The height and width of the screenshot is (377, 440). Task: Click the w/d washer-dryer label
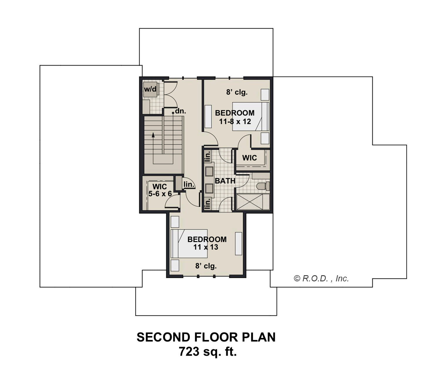tap(150, 89)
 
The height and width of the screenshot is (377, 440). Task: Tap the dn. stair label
tap(180, 111)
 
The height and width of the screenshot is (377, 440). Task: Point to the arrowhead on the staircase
tap(153, 135)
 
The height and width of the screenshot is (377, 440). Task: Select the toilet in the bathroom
tap(263, 186)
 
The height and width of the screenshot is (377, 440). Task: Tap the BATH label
tap(225, 181)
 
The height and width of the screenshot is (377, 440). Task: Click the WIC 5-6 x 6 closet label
tap(160, 190)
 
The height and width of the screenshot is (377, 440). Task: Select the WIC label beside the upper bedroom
tap(250, 158)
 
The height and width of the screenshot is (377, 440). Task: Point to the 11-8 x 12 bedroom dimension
tap(235, 121)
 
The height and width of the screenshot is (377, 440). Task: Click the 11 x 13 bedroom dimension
tap(206, 247)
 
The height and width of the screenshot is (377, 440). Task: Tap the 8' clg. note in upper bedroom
tap(237, 92)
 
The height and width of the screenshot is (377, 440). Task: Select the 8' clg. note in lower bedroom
tap(206, 266)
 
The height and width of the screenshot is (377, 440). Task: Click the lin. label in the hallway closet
tap(189, 184)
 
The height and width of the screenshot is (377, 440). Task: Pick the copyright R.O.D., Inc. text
tap(321, 278)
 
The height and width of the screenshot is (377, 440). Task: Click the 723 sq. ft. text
tap(208, 352)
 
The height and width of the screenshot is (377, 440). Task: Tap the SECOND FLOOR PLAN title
tap(206, 337)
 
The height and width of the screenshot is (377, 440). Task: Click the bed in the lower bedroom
tap(189, 244)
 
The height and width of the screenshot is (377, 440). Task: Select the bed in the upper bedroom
tap(251, 116)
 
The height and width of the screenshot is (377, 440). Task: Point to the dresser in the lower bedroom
tap(238, 244)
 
